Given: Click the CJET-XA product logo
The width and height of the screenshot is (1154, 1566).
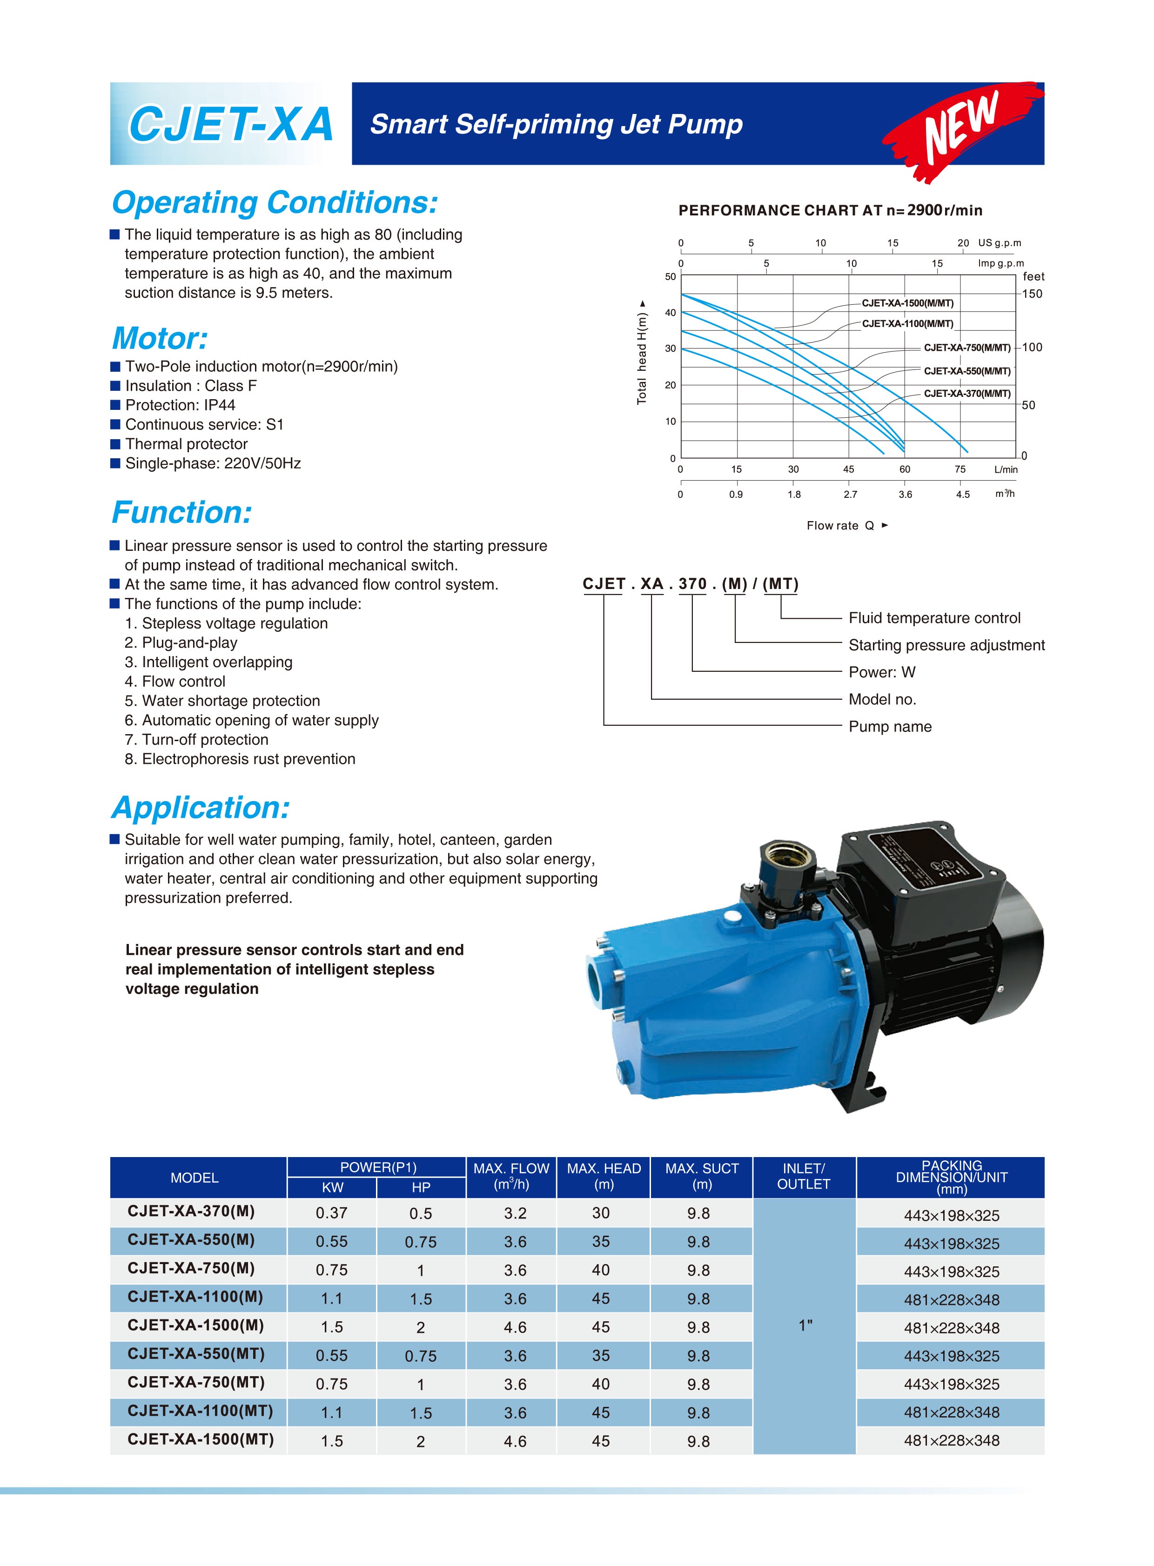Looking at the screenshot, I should (x=230, y=124).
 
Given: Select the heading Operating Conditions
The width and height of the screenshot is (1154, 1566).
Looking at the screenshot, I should (x=275, y=202).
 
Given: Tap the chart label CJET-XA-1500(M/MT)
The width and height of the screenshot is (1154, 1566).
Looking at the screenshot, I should (x=907, y=303).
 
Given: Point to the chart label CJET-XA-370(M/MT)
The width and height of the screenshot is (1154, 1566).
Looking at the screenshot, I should (x=967, y=393).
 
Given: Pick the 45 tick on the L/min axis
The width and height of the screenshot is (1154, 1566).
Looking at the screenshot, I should (x=849, y=469).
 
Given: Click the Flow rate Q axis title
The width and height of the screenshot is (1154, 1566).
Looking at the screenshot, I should (x=846, y=526).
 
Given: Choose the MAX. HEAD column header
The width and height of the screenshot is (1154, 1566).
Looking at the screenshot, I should (x=604, y=1177).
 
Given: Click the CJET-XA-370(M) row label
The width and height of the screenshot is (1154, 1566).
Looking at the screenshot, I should (x=191, y=1211).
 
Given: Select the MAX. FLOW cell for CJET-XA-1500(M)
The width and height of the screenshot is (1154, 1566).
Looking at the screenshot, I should (x=515, y=1327).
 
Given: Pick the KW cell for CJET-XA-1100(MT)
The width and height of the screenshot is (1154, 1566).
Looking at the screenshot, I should (x=331, y=1413).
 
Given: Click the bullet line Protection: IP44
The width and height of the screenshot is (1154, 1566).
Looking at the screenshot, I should (x=180, y=405).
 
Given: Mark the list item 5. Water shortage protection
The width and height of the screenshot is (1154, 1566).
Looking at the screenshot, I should (x=222, y=701).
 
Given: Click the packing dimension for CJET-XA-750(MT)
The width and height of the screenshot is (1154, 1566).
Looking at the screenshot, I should (x=952, y=1385).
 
